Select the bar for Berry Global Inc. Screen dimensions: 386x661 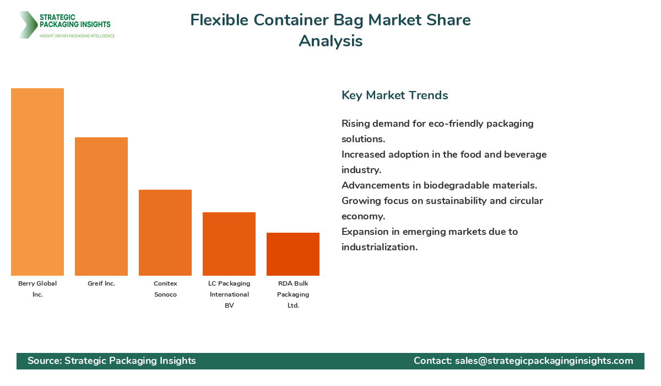(37, 182)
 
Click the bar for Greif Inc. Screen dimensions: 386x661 (101, 206)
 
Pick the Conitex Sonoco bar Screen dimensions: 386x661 (165, 233)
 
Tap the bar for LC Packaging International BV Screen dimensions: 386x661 (229, 244)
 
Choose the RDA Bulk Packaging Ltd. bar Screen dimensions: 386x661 (293, 254)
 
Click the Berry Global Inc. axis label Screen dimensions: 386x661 (37, 289)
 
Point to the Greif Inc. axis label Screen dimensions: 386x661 (101, 283)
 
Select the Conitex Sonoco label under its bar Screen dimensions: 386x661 (165, 289)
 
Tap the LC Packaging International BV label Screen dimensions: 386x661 (229, 294)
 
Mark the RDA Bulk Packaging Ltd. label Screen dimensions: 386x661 (293, 294)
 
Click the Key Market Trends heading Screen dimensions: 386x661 (394, 95)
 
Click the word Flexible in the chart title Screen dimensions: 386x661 (218, 20)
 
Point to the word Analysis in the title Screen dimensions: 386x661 (330, 41)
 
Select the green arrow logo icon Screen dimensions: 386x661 (27, 25)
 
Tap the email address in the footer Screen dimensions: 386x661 (544, 361)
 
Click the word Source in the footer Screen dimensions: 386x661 (44, 361)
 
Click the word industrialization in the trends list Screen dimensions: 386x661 (379, 247)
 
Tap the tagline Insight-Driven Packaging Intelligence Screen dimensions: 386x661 (77, 36)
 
